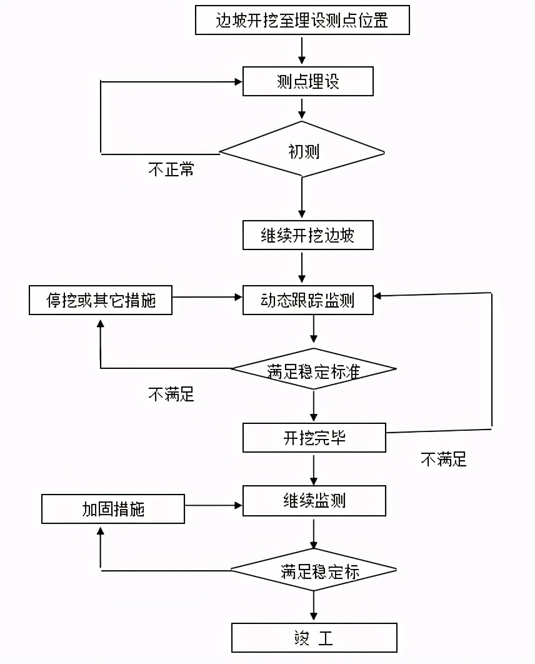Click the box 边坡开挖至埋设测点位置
302,20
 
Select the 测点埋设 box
307,81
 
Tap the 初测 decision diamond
302,151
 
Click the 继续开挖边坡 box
307,235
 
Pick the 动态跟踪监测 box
307,301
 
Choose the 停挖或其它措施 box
101,301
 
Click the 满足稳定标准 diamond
314,370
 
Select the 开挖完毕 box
314,438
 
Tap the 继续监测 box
314,501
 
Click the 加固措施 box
113,509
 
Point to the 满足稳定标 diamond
314,570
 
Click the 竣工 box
314,638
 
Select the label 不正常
171,169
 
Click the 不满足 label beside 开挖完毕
443,460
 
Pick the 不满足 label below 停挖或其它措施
171,394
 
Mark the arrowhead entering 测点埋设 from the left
238,81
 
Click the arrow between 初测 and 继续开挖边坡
302,198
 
